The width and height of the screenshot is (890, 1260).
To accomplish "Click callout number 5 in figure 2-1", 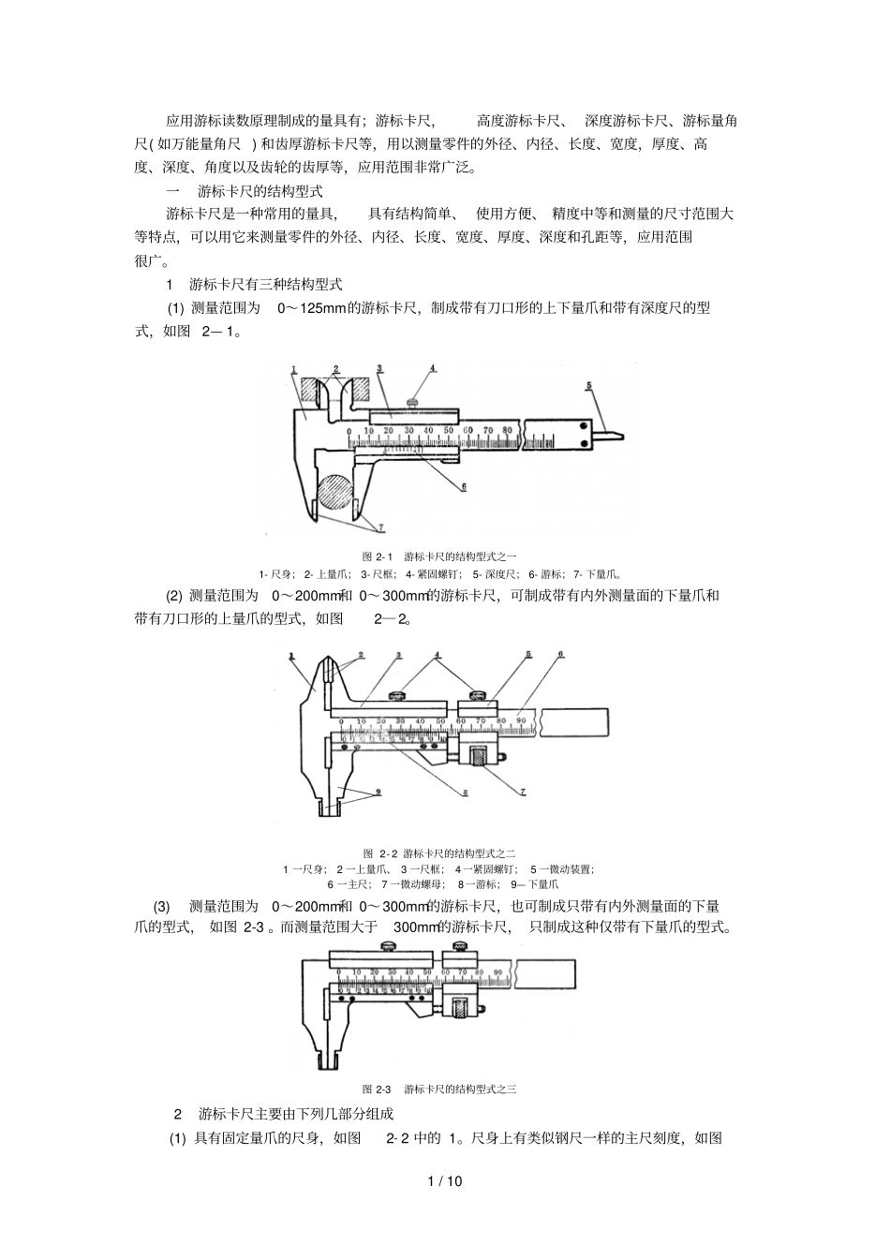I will (588, 386).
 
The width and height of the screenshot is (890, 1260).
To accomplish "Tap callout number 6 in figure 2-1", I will (463, 487).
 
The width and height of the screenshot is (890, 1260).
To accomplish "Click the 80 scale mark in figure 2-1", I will (507, 429).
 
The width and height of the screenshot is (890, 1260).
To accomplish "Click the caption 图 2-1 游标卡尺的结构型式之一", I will (439, 556).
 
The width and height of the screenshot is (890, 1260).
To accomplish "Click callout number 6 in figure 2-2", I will (560, 654).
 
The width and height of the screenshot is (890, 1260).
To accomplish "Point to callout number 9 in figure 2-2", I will (378, 792).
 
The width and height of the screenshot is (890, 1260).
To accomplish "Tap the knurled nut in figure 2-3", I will (462, 1007).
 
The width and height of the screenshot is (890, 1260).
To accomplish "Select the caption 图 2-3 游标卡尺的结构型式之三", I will (439, 1089).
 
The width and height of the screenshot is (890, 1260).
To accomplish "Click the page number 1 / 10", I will (445, 1180).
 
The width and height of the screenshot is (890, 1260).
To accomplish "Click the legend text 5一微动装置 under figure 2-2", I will (562, 868).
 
